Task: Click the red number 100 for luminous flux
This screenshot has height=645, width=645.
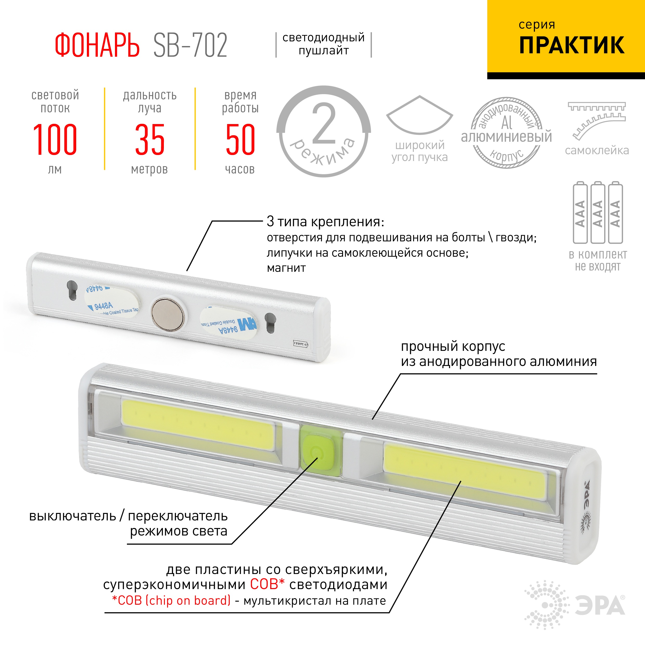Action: click(55, 140)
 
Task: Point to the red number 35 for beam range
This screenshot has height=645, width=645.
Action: click(150, 140)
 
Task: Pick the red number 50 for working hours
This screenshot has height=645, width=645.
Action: click(240, 140)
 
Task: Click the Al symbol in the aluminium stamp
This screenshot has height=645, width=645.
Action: click(506, 123)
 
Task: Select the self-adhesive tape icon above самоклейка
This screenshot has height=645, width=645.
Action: click(597, 120)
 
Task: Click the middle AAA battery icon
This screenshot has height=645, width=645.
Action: click(598, 213)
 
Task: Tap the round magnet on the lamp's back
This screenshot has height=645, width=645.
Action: click(167, 314)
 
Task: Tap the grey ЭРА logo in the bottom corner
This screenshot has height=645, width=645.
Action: click(599, 606)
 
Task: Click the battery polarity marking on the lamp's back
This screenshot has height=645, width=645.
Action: click(300, 344)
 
